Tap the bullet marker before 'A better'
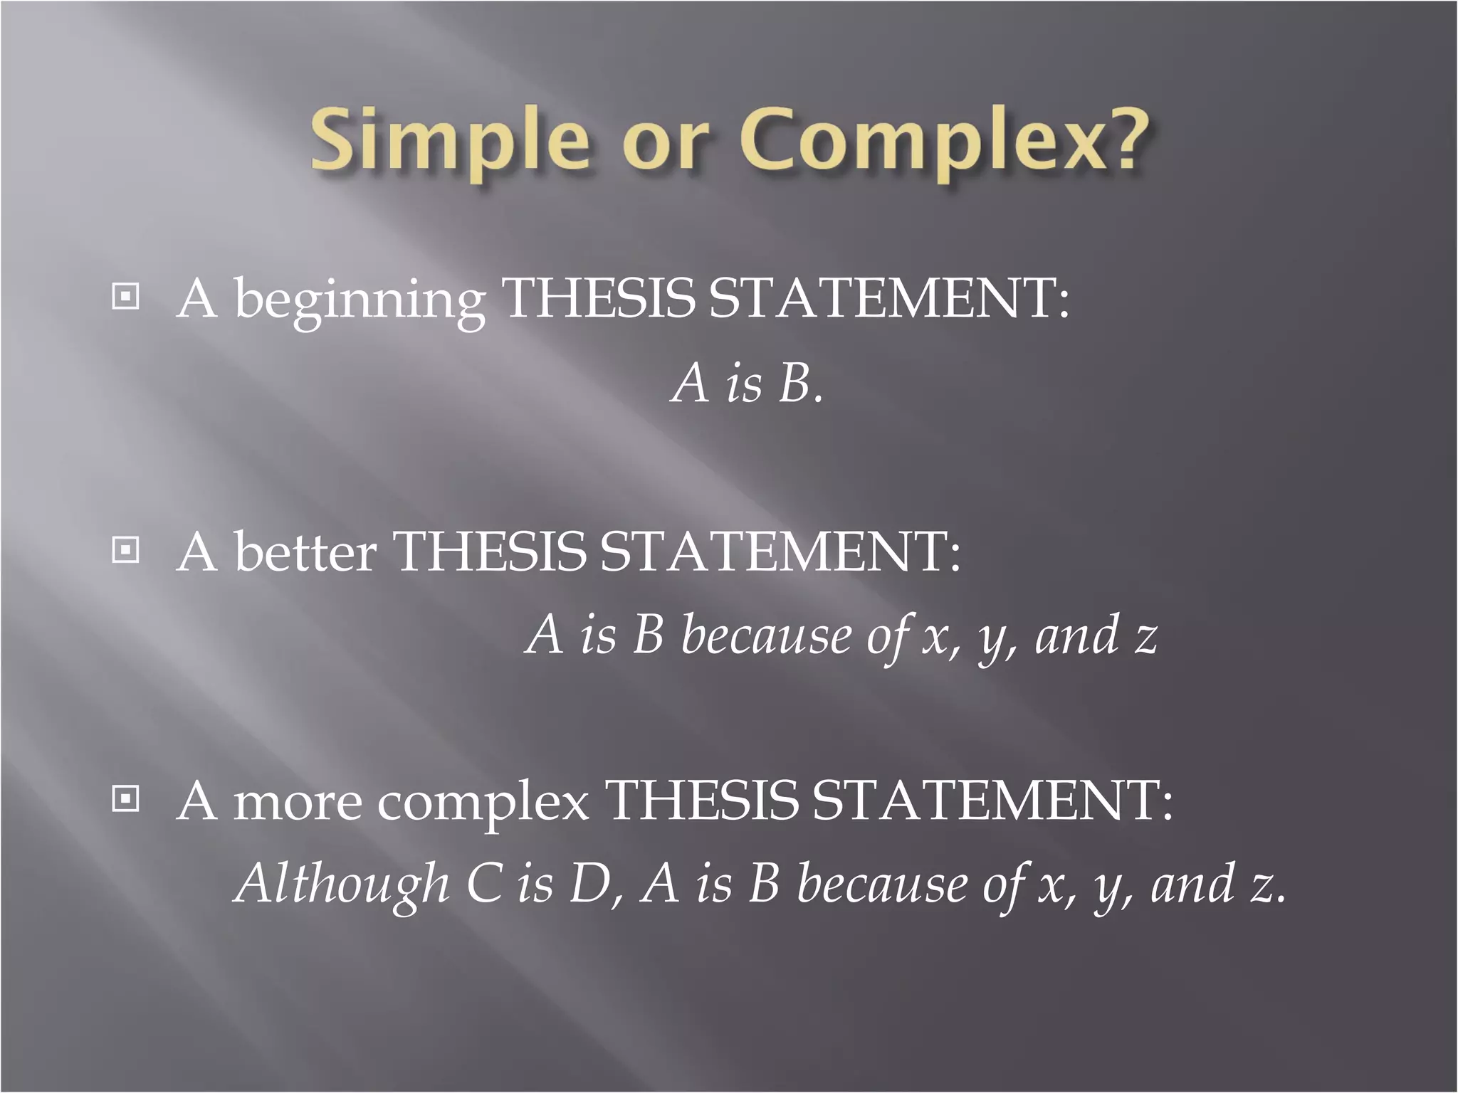pos(125,550)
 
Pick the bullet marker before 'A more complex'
pos(125,800)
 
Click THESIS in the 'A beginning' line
pos(598,299)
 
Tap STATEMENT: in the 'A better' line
pos(780,551)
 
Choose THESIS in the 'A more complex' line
pos(701,801)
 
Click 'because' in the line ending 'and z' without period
pos(765,635)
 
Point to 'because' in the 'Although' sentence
pos(881,885)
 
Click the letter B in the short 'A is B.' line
pos(795,384)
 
